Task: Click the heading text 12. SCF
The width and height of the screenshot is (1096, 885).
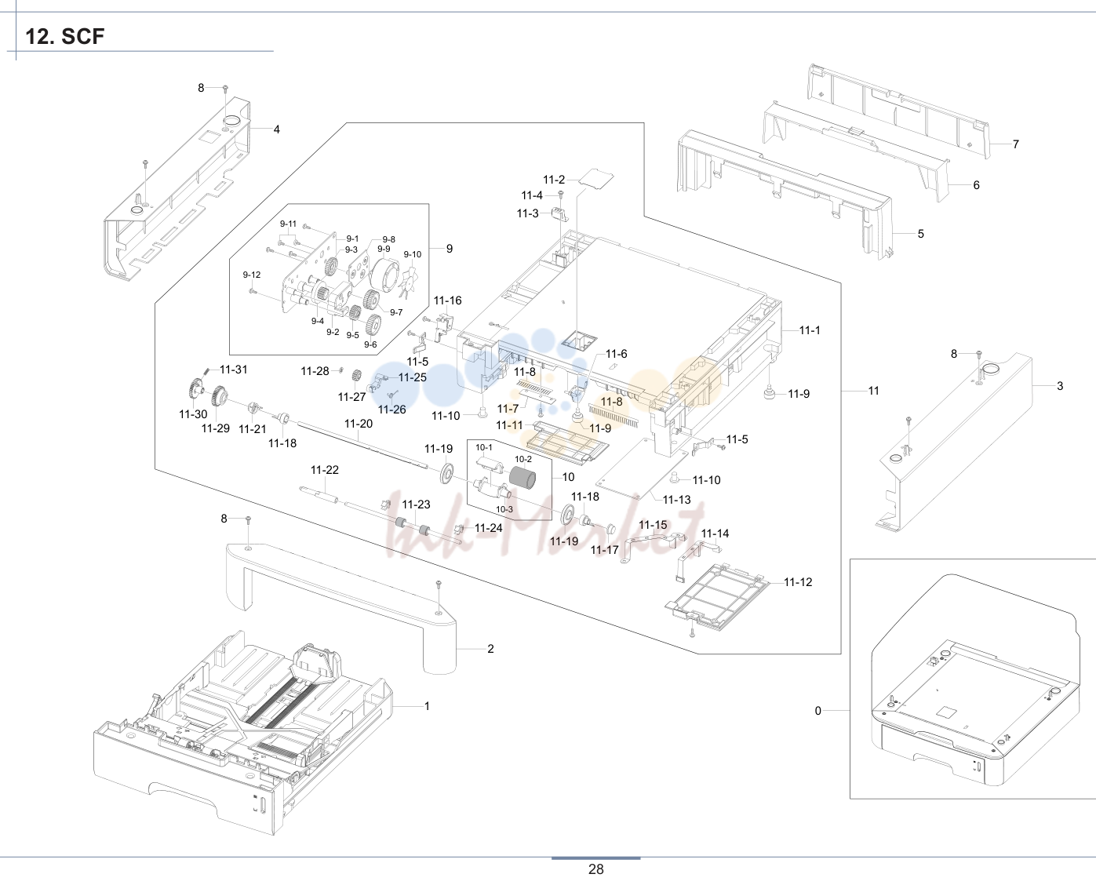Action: click(x=65, y=37)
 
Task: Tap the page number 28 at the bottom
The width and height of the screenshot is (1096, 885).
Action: click(x=595, y=869)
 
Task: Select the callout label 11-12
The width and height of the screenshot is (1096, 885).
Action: click(x=798, y=582)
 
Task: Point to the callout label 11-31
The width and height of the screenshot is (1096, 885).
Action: click(x=234, y=370)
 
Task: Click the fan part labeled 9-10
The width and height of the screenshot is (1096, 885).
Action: click(x=410, y=281)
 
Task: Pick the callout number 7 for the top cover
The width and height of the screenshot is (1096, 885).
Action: click(x=1016, y=144)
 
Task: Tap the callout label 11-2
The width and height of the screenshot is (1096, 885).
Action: click(x=554, y=180)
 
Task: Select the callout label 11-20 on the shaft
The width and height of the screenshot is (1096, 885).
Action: click(x=358, y=424)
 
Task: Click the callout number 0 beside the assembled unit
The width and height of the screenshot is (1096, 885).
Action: click(x=818, y=711)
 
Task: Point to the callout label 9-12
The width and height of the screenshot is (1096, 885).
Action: click(x=252, y=275)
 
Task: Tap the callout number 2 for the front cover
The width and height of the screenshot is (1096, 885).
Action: click(x=490, y=649)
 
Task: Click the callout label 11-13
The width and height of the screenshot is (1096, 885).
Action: click(x=676, y=499)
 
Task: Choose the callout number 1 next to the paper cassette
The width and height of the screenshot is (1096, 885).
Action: click(x=427, y=706)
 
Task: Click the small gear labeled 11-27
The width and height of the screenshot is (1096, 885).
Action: click(x=355, y=376)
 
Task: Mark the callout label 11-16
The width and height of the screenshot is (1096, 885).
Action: click(x=448, y=300)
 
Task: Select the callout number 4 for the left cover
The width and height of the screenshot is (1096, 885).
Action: click(x=276, y=129)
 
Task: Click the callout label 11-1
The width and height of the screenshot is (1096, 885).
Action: click(x=810, y=330)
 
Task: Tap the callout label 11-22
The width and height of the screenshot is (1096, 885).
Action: click(x=325, y=470)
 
